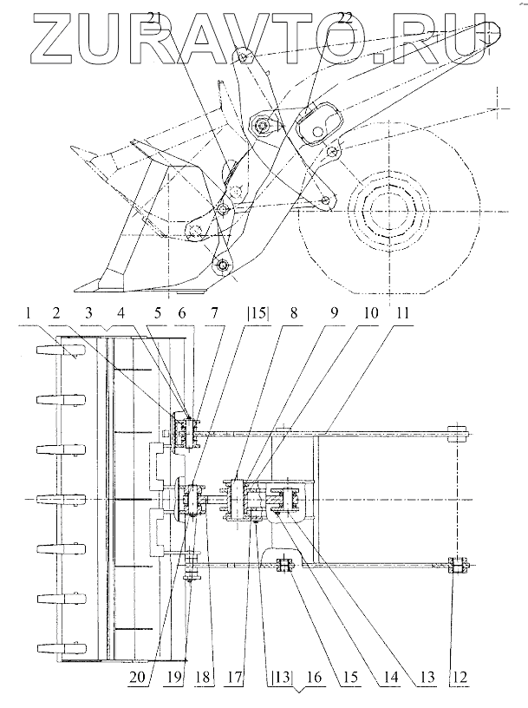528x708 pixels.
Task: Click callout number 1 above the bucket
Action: [x=29, y=313]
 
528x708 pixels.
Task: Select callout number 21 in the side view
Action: [x=155, y=18]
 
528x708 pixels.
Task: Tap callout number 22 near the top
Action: [x=344, y=18]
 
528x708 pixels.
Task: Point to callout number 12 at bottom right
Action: [x=459, y=678]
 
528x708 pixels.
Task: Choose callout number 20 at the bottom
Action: [x=136, y=678]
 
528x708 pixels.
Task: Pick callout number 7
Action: [x=214, y=313]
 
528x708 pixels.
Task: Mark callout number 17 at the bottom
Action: [x=235, y=678]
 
